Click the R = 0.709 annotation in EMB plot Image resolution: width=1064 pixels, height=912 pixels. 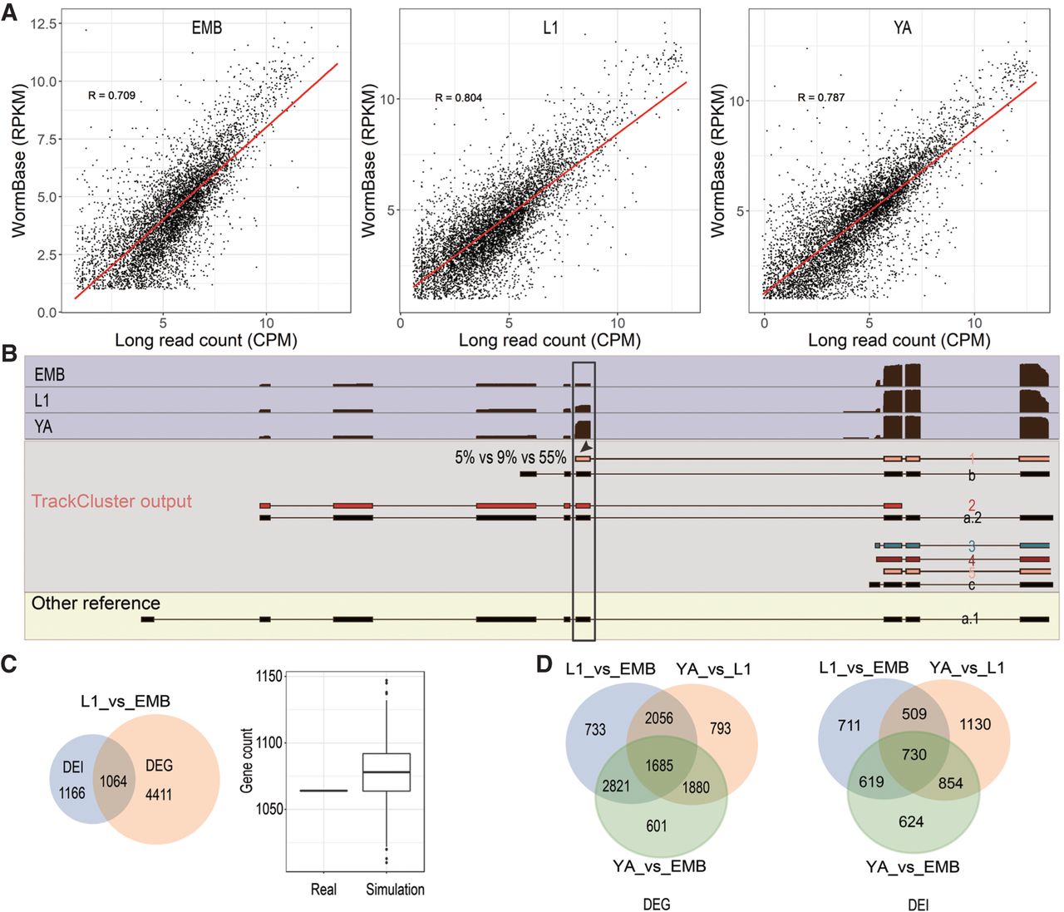[x=111, y=96]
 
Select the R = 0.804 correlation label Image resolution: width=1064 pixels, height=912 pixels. [x=458, y=98]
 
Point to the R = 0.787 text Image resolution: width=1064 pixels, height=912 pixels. [x=820, y=97]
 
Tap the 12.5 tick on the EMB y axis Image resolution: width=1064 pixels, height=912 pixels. [x=44, y=23]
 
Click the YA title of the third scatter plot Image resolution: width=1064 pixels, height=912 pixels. [x=902, y=28]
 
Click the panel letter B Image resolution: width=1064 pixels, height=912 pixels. [x=10, y=354]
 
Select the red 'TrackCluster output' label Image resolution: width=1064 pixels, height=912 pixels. [x=111, y=501]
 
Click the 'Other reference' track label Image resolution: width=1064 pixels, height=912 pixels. [x=96, y=604]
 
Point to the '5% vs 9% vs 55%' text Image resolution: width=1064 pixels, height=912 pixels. [x=510, y=457]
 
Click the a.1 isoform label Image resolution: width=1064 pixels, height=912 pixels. [x=970, y=619]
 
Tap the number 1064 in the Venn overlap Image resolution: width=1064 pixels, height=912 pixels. [x=113, y=781]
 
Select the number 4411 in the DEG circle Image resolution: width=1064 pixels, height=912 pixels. [x=158, y=794]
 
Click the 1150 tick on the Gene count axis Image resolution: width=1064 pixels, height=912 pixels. [x=269, y=677]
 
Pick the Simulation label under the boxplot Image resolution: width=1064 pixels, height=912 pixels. [x=395, y=890]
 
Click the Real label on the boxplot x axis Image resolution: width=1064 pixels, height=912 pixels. [x=323, y=890]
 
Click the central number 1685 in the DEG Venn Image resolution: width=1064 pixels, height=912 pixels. [x=659, y=765]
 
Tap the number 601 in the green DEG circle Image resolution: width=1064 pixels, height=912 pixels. [x=657, y=826]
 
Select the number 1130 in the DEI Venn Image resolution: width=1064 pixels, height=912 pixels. [x=974, y=724]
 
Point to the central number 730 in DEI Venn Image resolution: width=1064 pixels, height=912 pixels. [x=914, y=754]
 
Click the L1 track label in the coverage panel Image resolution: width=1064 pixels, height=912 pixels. [x=42, y=401]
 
